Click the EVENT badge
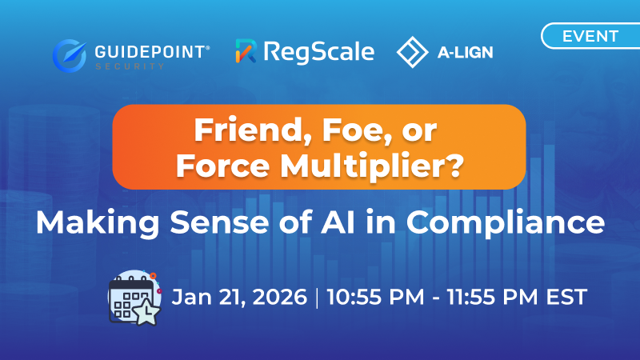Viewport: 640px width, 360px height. tap(590, 36)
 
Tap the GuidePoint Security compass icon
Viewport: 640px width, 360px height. tap(70, 54)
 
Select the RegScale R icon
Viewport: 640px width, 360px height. tap(246, 52)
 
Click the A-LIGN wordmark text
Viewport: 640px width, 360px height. tap(464, 53)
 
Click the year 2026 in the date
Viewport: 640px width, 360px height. tap(280, 297)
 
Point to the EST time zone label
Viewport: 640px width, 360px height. tap(567, 297)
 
